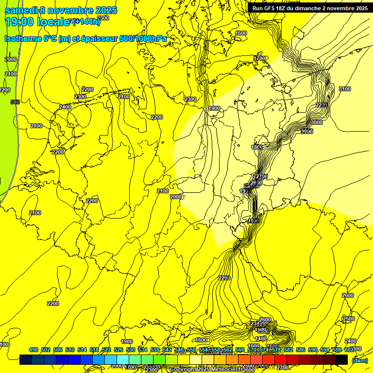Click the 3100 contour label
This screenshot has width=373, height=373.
[344, 89]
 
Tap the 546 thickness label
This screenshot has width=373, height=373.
[15, 102]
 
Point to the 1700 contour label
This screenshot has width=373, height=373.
[260, 58]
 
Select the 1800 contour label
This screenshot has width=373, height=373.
[257, 147]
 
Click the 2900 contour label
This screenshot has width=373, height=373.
[306, 132]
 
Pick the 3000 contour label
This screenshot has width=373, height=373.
[316, 122]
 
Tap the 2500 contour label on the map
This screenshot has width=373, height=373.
[349, 319]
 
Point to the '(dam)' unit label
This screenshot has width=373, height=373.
[359, 360]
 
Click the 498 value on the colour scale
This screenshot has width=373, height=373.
[34, 350]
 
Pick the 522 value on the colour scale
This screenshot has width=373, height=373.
[106, 350]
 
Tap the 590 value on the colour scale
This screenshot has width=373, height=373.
[313, 350]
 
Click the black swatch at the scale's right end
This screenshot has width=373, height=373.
[341, 360]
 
